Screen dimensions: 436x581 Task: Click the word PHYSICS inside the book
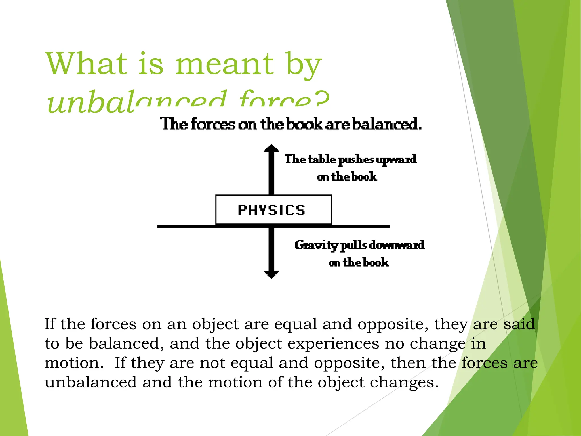tap(271, 211)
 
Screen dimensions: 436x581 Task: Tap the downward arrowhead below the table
tap(271, 274)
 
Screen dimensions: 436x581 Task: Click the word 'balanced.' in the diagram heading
tap(387, 124)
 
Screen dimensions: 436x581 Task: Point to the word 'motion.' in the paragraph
tap(74, 363)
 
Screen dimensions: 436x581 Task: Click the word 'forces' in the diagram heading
tap(213, 124)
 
